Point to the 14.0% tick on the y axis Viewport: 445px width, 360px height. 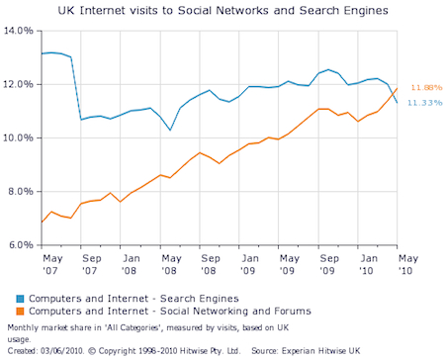(x=19, y=32)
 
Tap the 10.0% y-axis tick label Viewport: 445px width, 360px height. (x=19, y=138)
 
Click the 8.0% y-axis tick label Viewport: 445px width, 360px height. (x=21, y=191)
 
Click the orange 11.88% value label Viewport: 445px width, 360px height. (x=419, y=86)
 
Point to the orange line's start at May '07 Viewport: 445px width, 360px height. (x=42, y=222)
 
